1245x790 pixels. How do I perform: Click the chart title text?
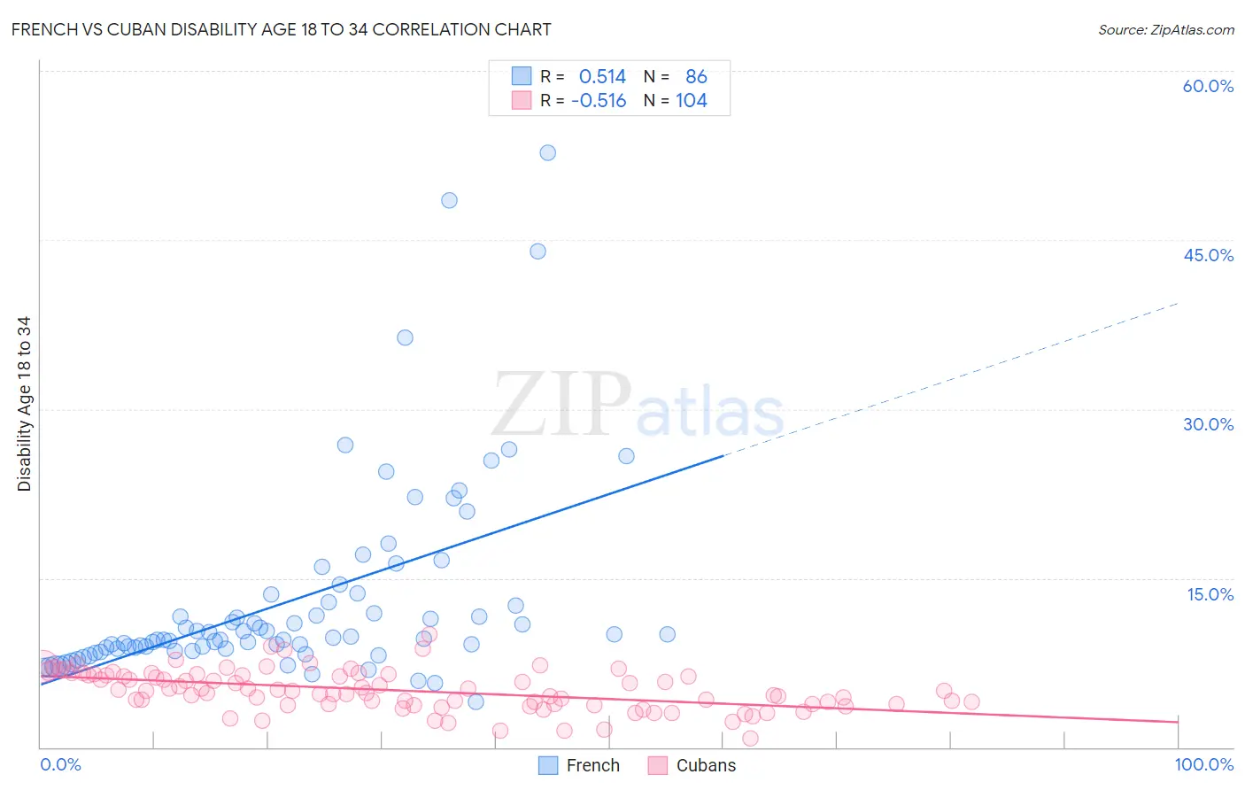pos(281,29)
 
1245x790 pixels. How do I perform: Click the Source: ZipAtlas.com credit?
pos(1165,29)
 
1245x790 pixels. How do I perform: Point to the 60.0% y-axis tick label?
pos(1208,86)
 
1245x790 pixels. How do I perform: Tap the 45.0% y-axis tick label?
pos(1208,255)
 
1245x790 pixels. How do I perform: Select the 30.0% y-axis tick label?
pos(1208,424)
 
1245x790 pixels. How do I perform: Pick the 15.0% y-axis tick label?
pos(1210,594)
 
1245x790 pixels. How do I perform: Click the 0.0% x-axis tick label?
pos(60,764)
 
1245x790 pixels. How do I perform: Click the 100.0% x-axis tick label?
pos(1203,764)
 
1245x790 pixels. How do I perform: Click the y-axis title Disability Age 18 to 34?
pos(24,404)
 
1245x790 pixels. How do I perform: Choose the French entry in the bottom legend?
pos(579,765)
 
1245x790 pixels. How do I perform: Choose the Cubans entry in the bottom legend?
pos(692,765)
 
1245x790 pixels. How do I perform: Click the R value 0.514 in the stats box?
pos(602,77)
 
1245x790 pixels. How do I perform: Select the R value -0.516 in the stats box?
pos(599,101)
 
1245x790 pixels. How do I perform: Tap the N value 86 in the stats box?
pos(696,77)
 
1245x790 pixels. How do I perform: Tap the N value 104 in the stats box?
pos(692,101)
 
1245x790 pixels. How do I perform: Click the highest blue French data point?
pos(548,152)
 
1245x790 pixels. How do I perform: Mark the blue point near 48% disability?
pos(449,200)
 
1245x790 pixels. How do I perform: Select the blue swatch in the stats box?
pos(522,76)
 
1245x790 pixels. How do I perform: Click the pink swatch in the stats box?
pos(522,100)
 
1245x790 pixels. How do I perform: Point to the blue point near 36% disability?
pos(405,337)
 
